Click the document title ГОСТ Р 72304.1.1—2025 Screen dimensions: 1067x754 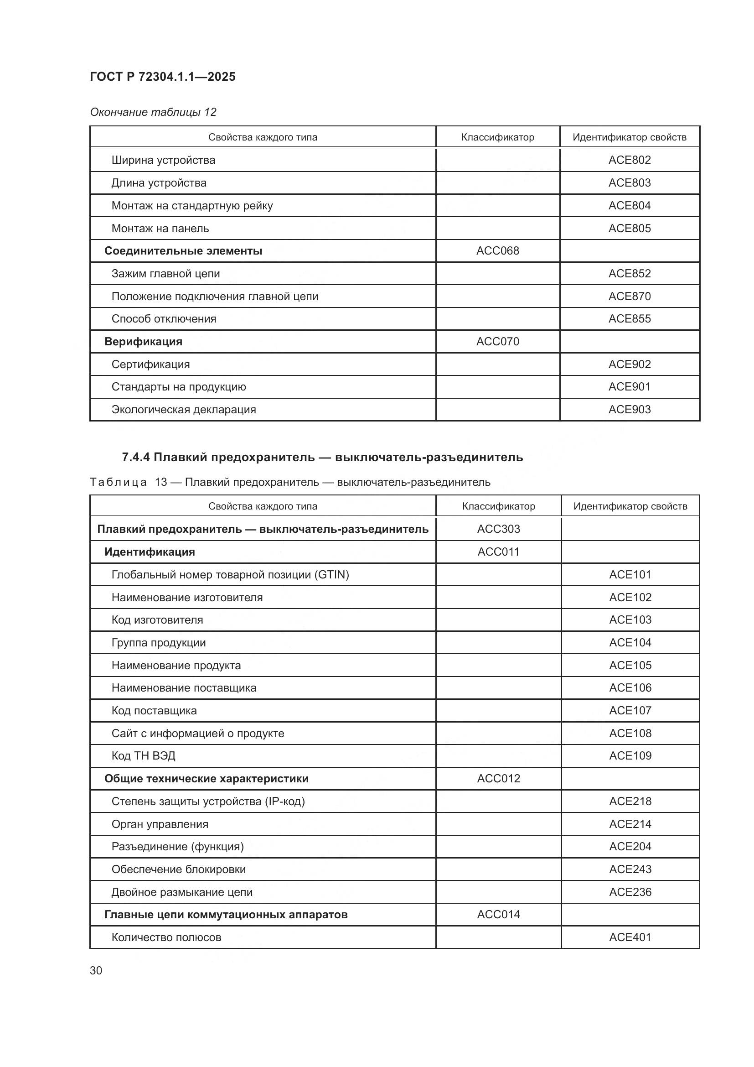tap(162, 77)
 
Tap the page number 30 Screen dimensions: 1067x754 tap(96, 970)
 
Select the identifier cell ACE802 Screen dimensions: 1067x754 tap(629, 160)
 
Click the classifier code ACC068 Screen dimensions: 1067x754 tap(497, 251)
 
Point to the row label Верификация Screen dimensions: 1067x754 tap(143, 342)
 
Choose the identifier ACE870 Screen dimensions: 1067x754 tap(629, 297)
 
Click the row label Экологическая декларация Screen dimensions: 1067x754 tap(183, 409)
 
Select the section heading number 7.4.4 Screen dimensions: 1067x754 tap(135, 457)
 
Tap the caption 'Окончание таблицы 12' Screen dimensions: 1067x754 tap(153, 112)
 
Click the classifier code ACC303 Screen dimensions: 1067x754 tap(498, 529)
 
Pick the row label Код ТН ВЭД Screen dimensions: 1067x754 tap(143, 755)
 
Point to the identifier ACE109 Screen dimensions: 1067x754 tap(630, 755)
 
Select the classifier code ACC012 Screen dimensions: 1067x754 tap(498, 778)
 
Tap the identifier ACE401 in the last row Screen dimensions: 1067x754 tap(630, 937)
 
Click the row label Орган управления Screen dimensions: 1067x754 tap(160, 824)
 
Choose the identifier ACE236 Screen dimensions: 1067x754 tap(630, 892)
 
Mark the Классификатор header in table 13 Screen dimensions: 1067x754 tap(498, 506)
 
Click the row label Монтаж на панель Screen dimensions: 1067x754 tap(160, 229)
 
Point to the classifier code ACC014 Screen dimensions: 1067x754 tap(498, 915)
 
